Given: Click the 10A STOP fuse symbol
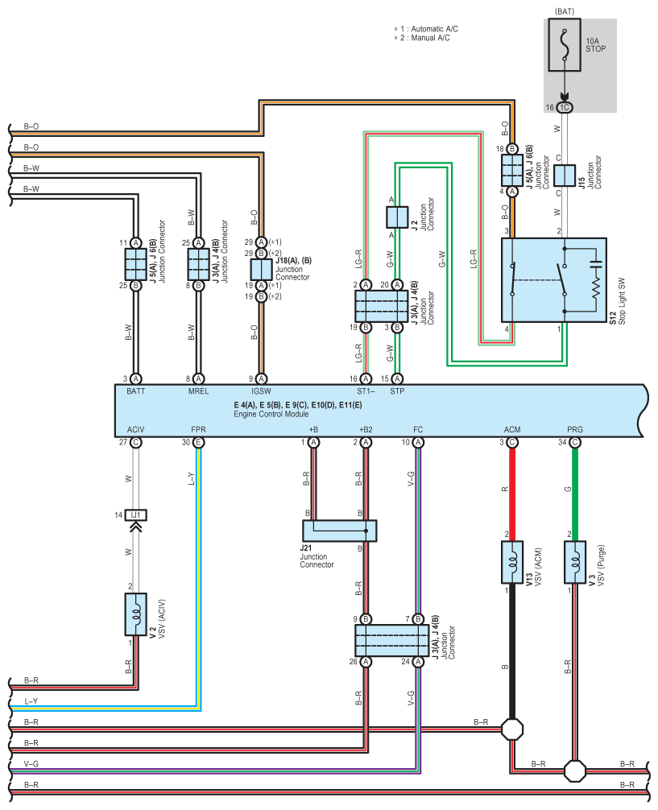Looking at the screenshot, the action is click(565, 44).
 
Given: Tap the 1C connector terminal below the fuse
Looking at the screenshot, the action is click(565, 107).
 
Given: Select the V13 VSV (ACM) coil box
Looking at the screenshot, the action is click(512, 563).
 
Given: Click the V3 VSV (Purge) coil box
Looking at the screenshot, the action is click(575, 563).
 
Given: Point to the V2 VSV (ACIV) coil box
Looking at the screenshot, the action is click(136, 614).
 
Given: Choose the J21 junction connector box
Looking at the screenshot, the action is click(340, 531).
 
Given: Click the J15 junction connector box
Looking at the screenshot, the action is click(565, 176).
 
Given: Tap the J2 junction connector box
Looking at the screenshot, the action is click(397, 217).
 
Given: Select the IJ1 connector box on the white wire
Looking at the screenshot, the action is click(136, 515).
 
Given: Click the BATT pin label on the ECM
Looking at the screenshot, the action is click(136, 391).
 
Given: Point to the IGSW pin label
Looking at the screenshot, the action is click(261, 391).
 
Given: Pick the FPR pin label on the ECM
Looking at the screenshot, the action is click(198, 430).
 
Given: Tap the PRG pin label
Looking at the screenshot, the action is click(575, 430).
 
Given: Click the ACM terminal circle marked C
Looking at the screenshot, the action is click(512, 443).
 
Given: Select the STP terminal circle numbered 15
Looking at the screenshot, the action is click(397, 379).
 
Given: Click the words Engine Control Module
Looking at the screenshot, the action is click(271, 415).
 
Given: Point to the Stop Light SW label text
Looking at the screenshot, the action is click(622, 302).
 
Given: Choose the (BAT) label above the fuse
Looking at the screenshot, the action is click(565, 10).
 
